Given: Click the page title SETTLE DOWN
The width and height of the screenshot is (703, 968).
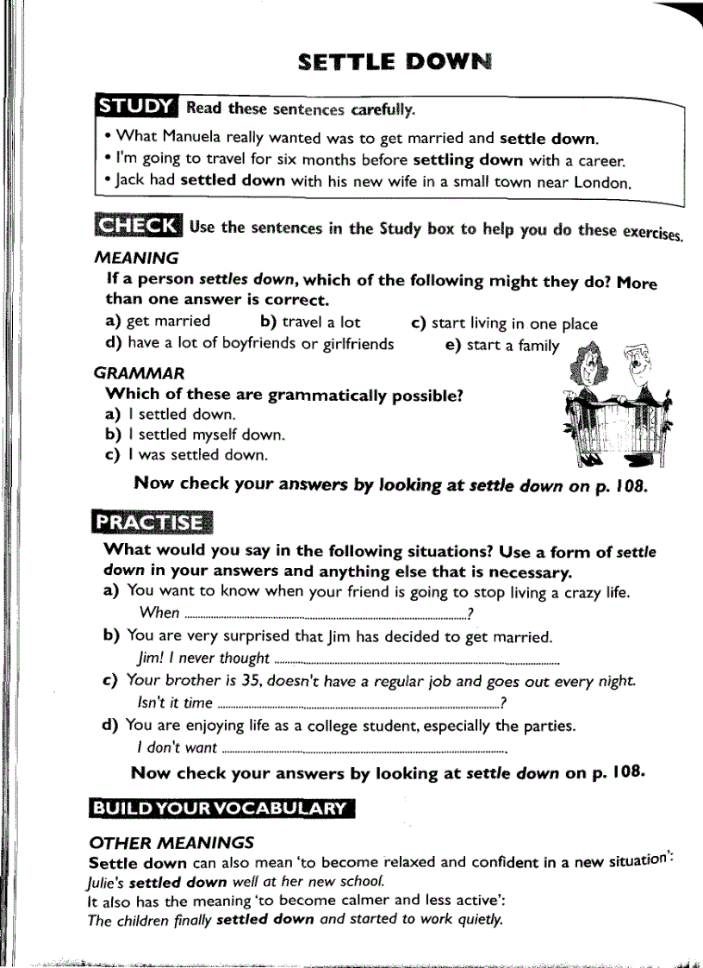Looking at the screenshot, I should coord(395,62).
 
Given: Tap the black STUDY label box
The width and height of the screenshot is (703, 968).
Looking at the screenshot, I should coord(137,107).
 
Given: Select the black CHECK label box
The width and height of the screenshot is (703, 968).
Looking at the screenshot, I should coord(137,226).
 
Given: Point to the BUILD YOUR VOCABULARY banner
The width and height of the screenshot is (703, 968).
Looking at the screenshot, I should coord(221,808).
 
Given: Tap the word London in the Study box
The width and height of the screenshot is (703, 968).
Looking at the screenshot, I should coord(602,182).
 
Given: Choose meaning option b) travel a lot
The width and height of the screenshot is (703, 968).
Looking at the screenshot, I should coord(310,322).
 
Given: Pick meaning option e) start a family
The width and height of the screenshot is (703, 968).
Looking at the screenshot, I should coord(502,345).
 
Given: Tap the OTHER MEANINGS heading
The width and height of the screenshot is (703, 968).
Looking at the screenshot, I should coord(171,842).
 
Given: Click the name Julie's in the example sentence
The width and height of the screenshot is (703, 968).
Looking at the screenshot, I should coord(108,882).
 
